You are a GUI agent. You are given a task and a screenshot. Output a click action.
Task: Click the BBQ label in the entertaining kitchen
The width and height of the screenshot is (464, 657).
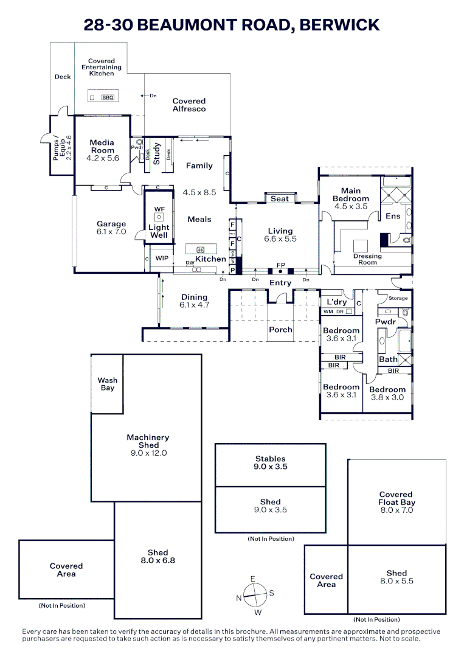coord(108,97)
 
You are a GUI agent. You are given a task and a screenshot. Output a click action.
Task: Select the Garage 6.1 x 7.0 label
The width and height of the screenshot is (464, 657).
coord(111,228)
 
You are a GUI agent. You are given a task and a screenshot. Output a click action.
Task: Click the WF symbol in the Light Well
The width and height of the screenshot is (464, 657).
coord(159,209)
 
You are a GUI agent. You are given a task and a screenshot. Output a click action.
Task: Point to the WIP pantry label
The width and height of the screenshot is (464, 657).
coord(162,259)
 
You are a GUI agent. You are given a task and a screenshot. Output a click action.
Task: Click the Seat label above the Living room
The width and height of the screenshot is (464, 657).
coord(280,199)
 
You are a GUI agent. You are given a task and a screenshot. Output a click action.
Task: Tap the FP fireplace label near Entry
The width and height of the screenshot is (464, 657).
coord(280,265)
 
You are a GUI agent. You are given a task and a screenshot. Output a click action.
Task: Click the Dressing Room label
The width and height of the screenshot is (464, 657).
coord(367,259)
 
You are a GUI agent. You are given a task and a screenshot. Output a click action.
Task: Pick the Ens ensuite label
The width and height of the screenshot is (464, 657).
coord(393,216)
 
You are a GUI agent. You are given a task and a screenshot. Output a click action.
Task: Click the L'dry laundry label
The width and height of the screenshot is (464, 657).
coord(337,302)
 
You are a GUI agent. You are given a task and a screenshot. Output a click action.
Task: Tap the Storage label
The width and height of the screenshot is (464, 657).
coord(398,299)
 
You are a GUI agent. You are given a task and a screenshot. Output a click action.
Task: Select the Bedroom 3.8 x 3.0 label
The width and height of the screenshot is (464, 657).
coord(387,393)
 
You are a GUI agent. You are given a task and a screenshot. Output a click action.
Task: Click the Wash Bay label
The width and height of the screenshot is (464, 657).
coord(108,384)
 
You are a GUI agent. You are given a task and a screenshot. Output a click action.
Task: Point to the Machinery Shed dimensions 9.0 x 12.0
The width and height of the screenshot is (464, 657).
coord(148,453)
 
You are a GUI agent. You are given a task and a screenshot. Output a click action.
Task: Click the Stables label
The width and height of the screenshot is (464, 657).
coord(270,459)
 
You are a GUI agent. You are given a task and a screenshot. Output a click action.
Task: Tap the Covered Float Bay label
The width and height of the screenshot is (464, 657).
coord(396,502)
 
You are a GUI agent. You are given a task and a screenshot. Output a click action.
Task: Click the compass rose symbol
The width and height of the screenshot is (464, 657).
coord(255,593)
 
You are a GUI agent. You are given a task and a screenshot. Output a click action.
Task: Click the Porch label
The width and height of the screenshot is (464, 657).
coord(280,330)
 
